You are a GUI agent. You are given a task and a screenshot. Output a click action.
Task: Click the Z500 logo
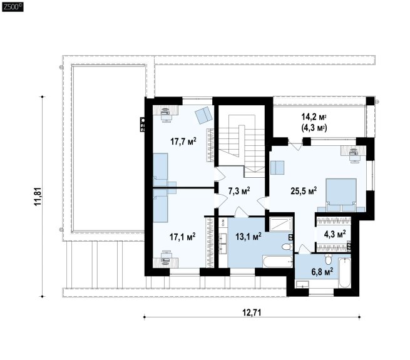pos(13,7)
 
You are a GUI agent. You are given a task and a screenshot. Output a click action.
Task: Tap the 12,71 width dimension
pos(252,312)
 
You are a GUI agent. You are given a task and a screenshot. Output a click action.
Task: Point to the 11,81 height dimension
pos(38,197)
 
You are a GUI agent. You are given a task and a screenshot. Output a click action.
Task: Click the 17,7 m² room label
pos(183,141)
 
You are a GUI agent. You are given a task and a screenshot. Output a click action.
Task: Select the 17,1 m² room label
pos(183,237)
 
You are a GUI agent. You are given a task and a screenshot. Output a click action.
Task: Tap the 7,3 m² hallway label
pos(239,191)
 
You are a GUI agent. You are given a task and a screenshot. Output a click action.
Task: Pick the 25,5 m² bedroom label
pos(304,191)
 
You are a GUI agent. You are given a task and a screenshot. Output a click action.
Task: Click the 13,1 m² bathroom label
pos(249,237)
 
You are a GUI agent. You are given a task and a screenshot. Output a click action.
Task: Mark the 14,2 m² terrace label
pos(314,116)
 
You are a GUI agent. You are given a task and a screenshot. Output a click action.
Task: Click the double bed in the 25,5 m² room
pos(341,195)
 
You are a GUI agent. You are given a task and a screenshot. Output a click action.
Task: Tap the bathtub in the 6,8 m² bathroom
pos(344,272)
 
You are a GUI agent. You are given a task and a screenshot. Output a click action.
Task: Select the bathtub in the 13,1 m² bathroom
pos(278,262)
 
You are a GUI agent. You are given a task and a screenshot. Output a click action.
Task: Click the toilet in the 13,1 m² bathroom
pos(287,247)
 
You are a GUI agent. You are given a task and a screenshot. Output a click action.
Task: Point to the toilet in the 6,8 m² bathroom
pos(328,259)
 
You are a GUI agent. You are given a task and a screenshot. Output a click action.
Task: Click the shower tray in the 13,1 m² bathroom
pos(280,225)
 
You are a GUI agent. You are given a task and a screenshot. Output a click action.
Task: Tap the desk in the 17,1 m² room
pos(166,262)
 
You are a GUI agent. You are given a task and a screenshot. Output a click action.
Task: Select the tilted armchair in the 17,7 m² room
pos(203,115)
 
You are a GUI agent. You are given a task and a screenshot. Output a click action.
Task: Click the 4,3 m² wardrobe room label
pos(335,234)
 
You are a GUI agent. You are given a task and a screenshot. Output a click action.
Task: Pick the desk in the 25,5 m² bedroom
pos(353,150)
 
